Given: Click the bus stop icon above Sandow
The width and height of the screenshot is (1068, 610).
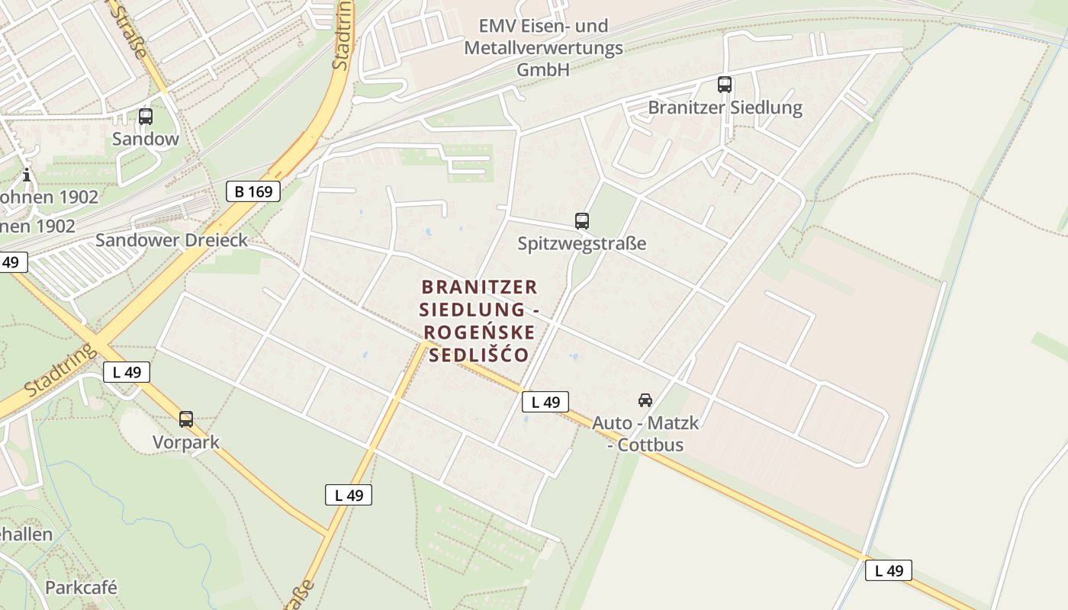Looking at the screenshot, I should (x=145, y=117).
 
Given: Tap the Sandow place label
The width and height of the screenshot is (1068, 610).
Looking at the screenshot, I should (x=145, y=139).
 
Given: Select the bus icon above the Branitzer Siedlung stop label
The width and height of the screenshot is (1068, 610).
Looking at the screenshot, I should (x=724, y=85).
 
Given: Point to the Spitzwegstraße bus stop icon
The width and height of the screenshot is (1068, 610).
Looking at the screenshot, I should (x=581, y=221).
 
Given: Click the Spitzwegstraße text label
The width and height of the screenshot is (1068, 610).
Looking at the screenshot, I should (x=581, y=243).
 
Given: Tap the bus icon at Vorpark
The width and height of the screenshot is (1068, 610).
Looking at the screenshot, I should (x=185, y=419).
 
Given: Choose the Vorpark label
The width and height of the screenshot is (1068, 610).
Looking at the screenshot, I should (x=185, y=442).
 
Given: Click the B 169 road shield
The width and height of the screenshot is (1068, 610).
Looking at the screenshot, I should (x=253, y=191).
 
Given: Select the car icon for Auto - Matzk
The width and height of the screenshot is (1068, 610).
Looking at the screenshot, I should (x=645, y=400).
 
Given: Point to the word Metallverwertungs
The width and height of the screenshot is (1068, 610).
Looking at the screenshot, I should (x=543, y=48).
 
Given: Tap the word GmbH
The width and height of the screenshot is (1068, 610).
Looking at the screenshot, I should (x=543, y=69).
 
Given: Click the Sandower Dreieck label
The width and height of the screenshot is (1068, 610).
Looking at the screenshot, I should (x=171, y=240).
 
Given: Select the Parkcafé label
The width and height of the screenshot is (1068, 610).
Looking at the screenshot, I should (x=81, y=587).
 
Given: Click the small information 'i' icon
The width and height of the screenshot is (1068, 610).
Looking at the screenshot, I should (x=27, y=175).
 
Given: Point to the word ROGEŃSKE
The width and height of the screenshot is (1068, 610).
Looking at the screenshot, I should (x=479, y=332).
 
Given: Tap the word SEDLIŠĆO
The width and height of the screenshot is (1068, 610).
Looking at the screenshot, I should (x=479, y=355).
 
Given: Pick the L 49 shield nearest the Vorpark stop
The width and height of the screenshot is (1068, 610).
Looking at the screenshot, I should (x=127, y=372).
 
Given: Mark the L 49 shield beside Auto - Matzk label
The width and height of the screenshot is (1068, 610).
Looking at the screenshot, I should (x=545, y=402).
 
